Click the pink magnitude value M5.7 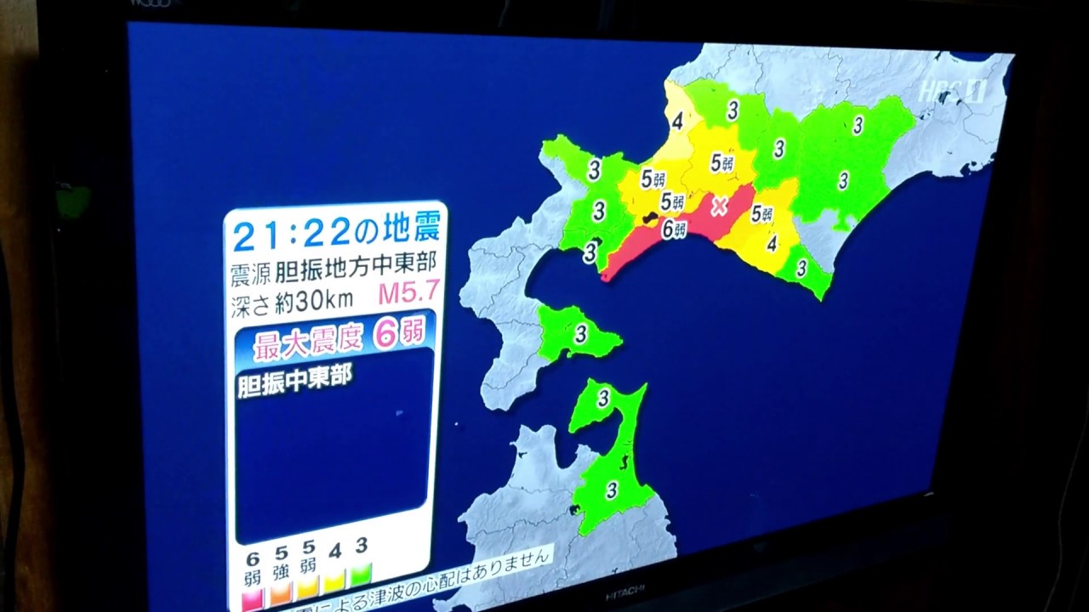[408, 293]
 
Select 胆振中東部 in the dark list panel [294, 379]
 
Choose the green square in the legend [362, 569]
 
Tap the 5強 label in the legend [281, 561]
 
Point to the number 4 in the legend [335, 552]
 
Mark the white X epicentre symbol [720, 206]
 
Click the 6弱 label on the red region [674, 228]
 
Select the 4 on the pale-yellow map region [678, 122]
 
